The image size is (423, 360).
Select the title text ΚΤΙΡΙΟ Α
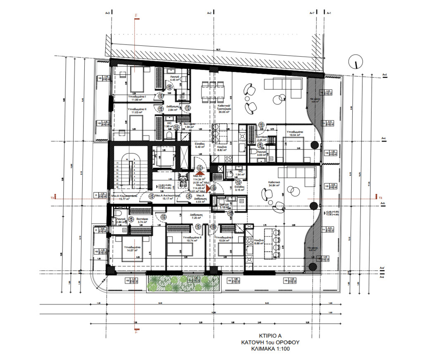270,335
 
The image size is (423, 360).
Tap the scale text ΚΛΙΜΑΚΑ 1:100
270,349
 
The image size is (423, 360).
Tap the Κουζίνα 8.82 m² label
220,149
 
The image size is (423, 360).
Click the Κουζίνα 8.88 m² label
259,242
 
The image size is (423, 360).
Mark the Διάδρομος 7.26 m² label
195,216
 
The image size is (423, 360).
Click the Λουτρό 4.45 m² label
173,79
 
